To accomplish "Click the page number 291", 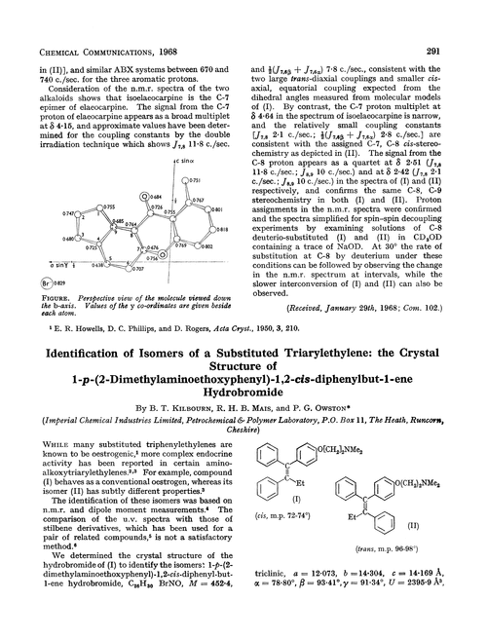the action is [x=463, y=14].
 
